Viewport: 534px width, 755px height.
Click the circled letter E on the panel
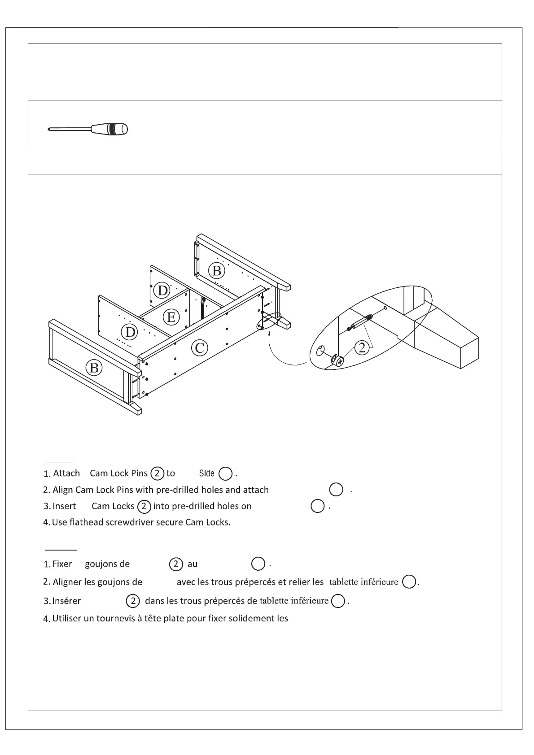click(171, 317)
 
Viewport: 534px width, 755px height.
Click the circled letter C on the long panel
click(200, 347)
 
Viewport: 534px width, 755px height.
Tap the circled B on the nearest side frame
click(94, 368)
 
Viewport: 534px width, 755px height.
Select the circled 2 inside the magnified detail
click(362, 347)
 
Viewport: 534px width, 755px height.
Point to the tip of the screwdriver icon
click(48, 130)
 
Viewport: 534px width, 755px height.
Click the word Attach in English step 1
click(66, 473)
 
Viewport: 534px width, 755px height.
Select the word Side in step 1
click(206, 473)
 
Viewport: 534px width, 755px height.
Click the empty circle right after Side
click(225, 473)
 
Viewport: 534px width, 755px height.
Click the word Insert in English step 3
click(64, 506)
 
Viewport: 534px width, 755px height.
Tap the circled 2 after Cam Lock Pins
click(157, 473)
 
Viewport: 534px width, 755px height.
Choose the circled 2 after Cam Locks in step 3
click(144, 506)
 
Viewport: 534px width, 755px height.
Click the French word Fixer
click(62, 564)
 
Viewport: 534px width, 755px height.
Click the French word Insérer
click(66, 601)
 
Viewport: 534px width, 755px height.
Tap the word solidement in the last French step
click(248, 618)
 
